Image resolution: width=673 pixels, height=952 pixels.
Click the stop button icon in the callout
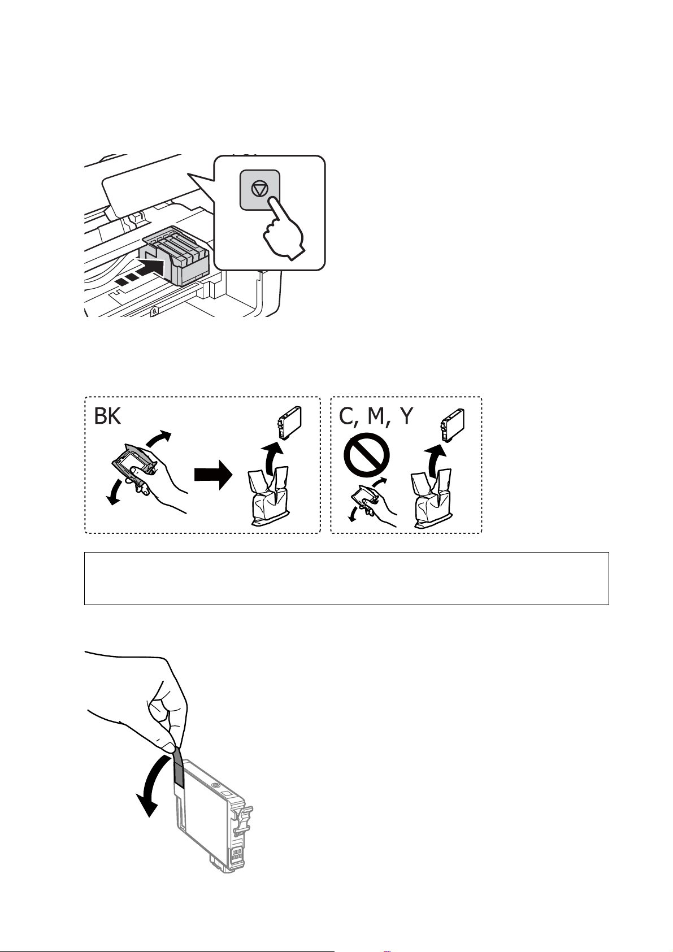pyautogui.click(x=259, y=190)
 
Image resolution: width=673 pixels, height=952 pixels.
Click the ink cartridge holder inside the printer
pyautogui.click(x=180, y=257)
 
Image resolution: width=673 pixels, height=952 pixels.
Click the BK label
pyautogui.click(x=107, y=416)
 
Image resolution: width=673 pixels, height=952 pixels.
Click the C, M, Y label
pyautogui.click(x=376, y=416)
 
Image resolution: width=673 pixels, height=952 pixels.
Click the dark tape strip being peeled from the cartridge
pyautogui.click(x=179, y=766)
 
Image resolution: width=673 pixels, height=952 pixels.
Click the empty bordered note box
pyautogui.click(x=346, y=578)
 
